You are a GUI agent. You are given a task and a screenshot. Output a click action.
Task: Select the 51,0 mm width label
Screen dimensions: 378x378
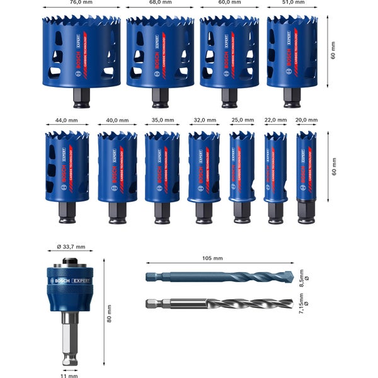(292, 3)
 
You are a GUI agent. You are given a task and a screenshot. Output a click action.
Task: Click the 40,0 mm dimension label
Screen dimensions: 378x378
(117, 120)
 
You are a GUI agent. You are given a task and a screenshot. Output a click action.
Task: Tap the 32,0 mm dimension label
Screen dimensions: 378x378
(203, 120)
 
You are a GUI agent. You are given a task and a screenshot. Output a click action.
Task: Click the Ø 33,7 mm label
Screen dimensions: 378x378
(70, 247)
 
